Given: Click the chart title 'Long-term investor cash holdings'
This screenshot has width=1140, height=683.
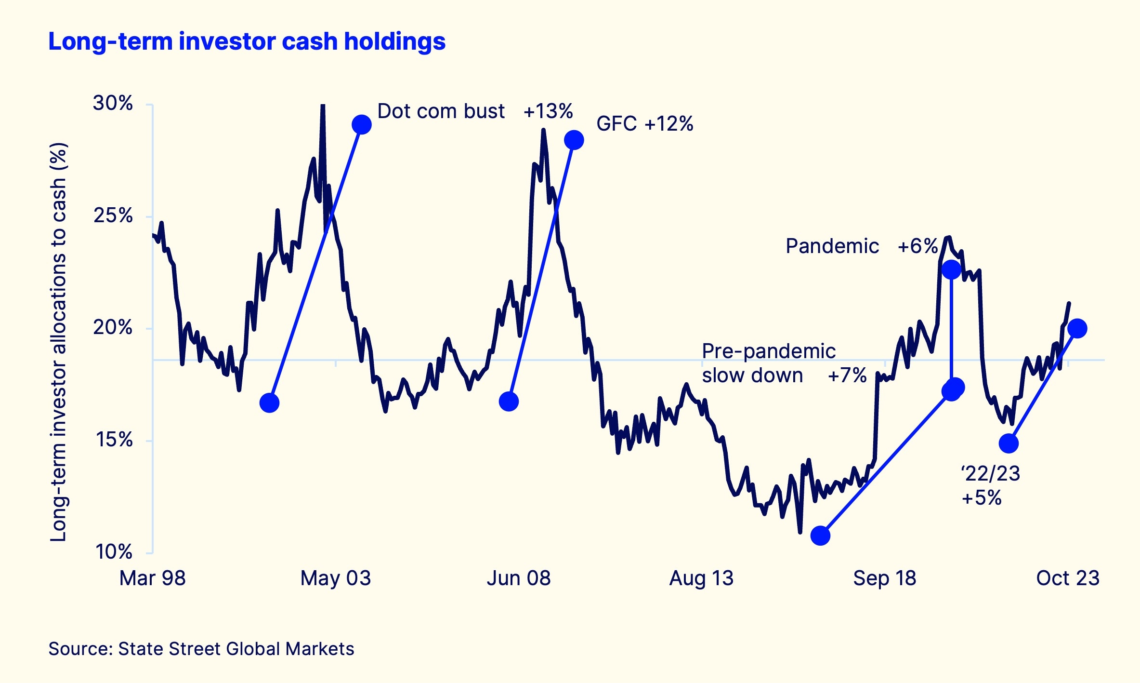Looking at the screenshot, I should click(x=247, y=41).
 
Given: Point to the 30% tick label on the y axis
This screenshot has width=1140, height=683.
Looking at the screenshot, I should click(x=113, y=103).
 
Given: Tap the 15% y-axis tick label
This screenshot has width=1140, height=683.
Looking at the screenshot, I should click(x=114, y=440).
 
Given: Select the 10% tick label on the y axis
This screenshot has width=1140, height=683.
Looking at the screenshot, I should click(x=114, y=552).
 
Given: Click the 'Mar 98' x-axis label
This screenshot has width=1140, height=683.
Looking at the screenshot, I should click(x=152, y=578).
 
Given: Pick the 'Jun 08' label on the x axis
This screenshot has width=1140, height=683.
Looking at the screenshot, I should click(x=518, y=578).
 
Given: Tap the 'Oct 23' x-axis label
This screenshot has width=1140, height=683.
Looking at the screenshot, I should click(x=1068, y=578).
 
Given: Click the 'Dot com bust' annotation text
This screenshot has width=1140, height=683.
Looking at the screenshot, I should click(x=441, y=111).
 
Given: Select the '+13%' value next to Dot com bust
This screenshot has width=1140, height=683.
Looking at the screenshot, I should click(x=548, y=111).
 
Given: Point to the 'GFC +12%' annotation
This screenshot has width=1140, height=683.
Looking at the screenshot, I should click(x=644, y=124).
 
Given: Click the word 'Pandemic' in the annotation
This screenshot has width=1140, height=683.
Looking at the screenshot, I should click(x=832, y=246).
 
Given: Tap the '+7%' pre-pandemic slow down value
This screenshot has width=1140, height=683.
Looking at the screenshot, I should click(x=847, y=375).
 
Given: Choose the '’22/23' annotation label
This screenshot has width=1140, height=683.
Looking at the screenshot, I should click(x=991, y=474).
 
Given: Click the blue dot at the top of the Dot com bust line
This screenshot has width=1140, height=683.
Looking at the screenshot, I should click(x=361, y=125).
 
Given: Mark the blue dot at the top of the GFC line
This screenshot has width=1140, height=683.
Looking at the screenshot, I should click(x=574, y=140).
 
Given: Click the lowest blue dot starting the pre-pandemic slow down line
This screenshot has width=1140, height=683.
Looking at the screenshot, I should click(x=820, y=536).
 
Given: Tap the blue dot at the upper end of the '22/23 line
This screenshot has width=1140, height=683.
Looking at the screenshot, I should click(x=1077, y=328).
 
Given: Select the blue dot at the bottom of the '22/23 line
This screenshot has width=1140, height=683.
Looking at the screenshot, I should click(x=1009, y=443).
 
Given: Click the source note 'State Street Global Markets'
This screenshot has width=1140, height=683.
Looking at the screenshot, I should click(x=236, y=649).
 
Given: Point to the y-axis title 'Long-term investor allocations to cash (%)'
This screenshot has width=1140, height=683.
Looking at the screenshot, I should click(x=59, y=342).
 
